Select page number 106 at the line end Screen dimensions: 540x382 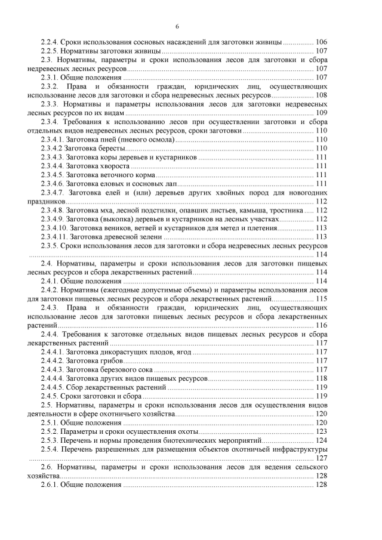(x=321, y=42)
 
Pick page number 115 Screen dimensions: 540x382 (x=321, y=298)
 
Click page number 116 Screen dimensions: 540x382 (x=321, y=325)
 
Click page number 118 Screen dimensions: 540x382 (x=321, y=378)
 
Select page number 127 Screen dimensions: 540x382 (x=321, y=458)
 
